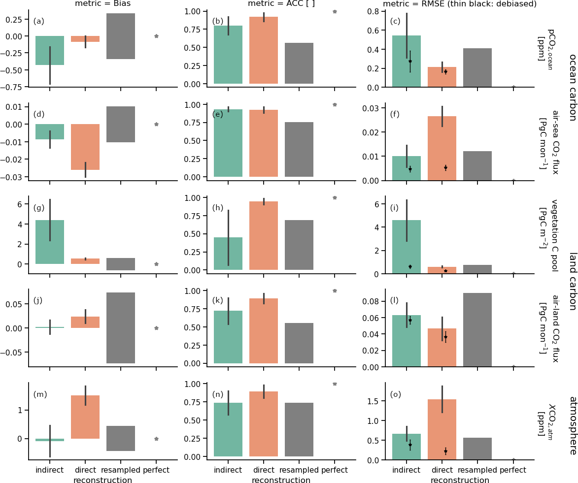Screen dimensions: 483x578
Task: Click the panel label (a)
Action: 39,21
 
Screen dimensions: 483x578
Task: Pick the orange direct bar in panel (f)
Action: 442,148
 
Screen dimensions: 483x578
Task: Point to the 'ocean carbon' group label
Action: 572,87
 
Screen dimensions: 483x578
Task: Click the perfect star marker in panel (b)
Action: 335,11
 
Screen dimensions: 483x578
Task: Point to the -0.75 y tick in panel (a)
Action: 15,87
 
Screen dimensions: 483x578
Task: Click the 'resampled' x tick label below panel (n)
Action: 299,470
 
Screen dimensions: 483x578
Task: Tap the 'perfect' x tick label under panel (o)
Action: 513,470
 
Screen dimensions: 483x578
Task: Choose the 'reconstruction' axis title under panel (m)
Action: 102,480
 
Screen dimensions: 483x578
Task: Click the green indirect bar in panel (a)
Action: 50,50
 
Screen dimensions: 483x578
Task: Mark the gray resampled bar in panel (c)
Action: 477,67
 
